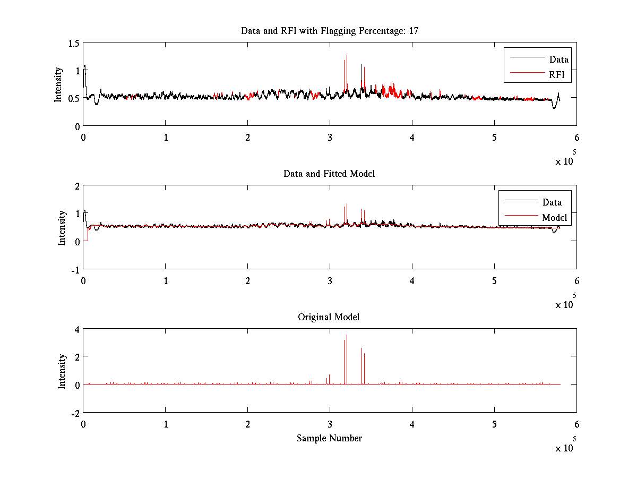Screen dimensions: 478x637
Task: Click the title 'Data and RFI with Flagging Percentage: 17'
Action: [330, 31]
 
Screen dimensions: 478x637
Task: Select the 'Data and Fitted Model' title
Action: [329, 174]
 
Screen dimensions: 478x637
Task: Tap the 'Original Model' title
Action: [329, 317]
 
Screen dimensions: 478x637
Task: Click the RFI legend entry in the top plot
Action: [559, 75]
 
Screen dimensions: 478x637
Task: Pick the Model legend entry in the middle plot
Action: [554, 218]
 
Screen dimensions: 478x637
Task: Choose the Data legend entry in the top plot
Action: [558, 59]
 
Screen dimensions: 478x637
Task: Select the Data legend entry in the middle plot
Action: [552, 202]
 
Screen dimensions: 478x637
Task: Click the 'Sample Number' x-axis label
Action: [329, 438]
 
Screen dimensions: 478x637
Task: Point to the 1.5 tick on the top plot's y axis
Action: [73, 43]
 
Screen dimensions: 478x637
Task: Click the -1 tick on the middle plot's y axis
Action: [75, 269]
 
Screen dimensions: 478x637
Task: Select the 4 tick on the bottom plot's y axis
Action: [77, 330]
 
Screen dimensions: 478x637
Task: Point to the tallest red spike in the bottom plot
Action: [347, 336]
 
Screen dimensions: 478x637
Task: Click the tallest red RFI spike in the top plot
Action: [347, 56]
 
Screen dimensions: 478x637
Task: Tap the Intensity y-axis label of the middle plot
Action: [62, 227]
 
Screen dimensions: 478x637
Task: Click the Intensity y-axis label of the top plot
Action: [58, 84]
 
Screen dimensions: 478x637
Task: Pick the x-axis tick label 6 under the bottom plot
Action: [576, 424]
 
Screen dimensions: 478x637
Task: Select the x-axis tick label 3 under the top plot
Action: [330, 137]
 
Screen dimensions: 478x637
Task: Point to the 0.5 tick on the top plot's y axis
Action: [73, 98]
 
